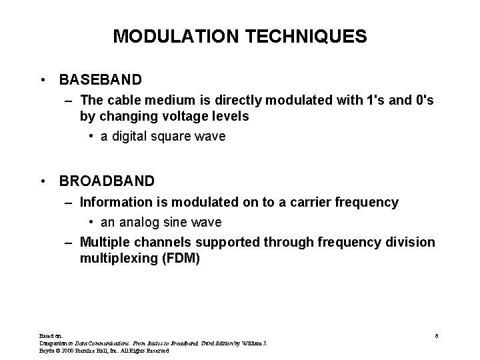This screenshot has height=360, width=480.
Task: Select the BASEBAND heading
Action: [100, 80]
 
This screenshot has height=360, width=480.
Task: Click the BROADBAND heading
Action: [107, 181]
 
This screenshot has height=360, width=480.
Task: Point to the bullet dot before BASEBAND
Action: [43, 80]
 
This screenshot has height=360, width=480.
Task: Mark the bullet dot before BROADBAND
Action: [43, 181]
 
